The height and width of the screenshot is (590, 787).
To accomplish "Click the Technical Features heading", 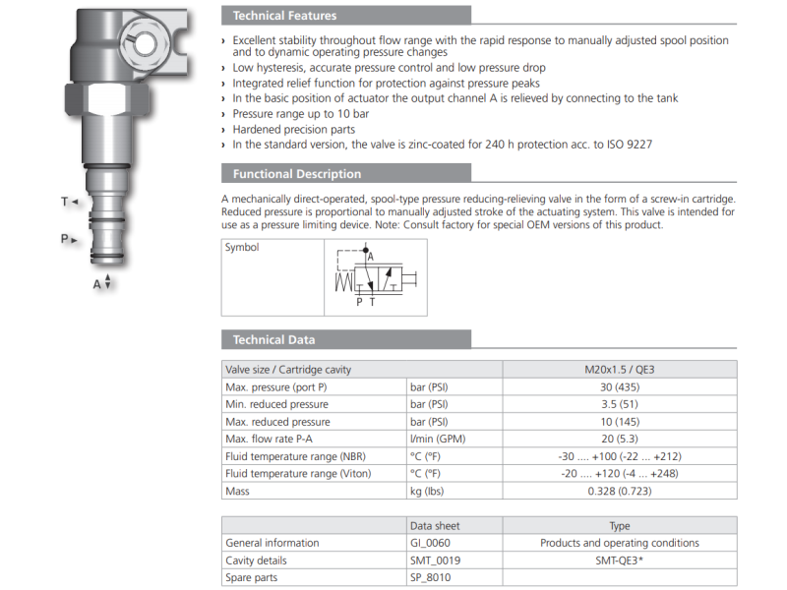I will pyautogui.click(x=284, y=16).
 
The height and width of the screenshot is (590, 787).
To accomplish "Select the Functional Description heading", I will pyautogui.click(x=297, y=174).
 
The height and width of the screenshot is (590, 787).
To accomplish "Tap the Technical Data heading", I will pyautogui.click(x=273, y=339).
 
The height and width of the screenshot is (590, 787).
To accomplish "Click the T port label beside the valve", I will pyautogui.click(x=65, y=202).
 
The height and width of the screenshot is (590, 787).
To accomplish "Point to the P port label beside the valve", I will pyautogui.click(x=65, y=238).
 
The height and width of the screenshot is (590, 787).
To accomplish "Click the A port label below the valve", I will pyautogui.click(x=97, y=284).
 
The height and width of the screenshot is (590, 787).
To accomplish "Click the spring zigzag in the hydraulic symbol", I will pyautogui.click(x=343, y=282).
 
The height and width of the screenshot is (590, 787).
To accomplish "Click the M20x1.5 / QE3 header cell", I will pyautogui.click(x=619, y=370).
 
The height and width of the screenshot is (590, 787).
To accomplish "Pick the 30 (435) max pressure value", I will pyautogui.click(x=619, y=387).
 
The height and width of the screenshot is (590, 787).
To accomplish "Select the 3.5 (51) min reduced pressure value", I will pyautogui.click(x=619, y=404).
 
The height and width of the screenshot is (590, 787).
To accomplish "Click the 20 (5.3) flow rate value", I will pyautogui.click(x=619, y=439).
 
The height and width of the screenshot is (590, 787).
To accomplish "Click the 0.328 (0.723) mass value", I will pyautogui.click(x=619, y=491).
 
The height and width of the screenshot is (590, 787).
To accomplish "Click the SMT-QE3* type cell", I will pyautogui.click(x=619, y=560).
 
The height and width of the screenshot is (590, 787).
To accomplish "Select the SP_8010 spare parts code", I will pyautogui.click(x=430, y=577).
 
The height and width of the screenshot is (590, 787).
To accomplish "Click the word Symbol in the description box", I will pyautogui.click(x=242, y=248).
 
